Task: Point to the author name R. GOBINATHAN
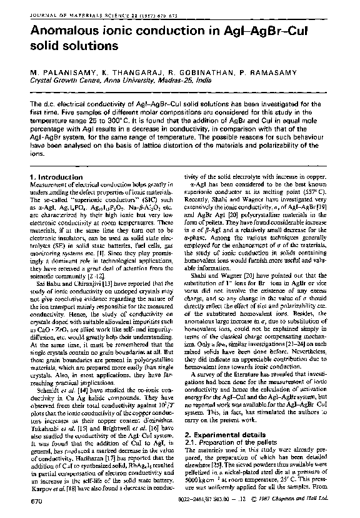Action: pos(186,73)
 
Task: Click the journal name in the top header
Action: pos(76,8)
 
